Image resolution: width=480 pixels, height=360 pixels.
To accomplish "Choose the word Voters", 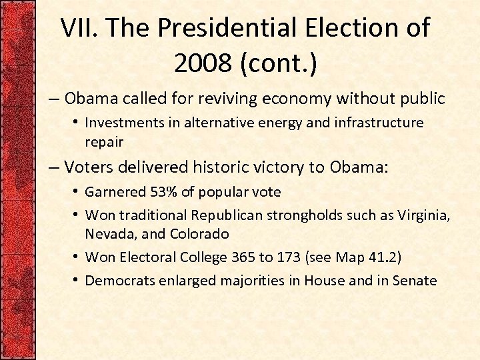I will click(x=91, y=167).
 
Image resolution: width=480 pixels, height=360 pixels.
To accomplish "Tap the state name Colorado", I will click(x=199, y=234).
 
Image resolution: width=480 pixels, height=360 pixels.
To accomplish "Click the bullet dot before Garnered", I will click(x=77, y=192).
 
